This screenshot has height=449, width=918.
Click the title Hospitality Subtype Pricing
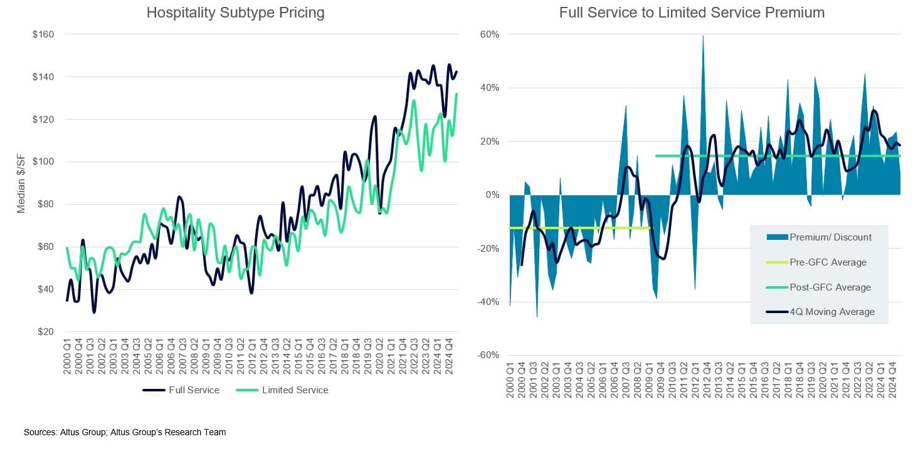point(235,13)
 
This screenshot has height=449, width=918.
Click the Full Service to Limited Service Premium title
point(692,13)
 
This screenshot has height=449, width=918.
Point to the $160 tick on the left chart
point(43,34)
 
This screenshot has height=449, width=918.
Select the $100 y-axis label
point(43,162)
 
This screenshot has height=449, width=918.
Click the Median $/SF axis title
point(21,183)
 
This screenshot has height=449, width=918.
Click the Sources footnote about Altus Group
point(125,433)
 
